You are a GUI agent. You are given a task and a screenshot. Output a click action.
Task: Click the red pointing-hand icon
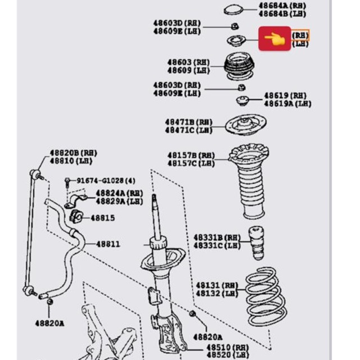click(x=274, y=39)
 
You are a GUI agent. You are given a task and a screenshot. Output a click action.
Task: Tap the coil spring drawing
click(x=266, y=296)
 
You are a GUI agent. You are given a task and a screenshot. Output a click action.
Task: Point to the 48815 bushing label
click(x=102, y=218)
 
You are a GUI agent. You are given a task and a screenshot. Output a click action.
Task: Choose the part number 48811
click(x=107, y=244)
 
